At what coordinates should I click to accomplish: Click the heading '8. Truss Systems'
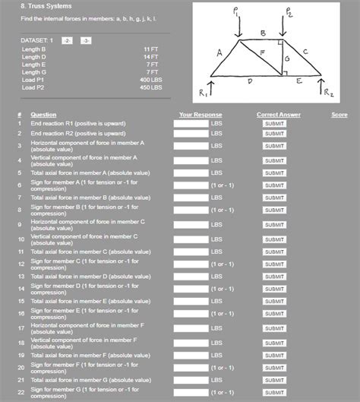[42, 7]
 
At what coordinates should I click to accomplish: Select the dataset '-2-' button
[68, 40]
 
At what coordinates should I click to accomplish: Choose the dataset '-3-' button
[85, 40]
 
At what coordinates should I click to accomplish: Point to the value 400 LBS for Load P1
[150, 80]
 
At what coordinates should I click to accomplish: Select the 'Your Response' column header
[201, 115]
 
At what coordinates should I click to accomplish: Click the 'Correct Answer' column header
[278, 115]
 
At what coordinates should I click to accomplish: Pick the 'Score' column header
[339, 115]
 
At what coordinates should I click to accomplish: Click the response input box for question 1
[191, 123]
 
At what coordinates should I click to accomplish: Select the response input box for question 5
[191, 173]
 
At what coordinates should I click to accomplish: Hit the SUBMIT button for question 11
[274, 252]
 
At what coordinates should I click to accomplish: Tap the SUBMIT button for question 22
[274, 393]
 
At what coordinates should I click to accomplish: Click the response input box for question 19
[191, 355]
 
